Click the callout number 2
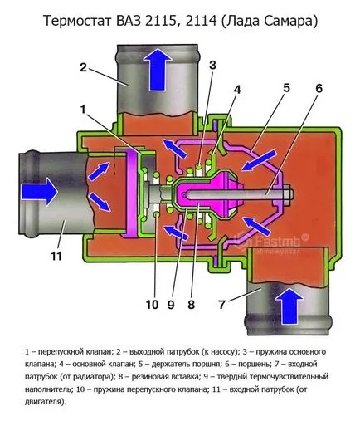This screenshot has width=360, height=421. click(83, 68)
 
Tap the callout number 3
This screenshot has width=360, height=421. click(212, 66)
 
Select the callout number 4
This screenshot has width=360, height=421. click(237, 90)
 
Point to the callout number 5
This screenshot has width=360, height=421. click(286, 88)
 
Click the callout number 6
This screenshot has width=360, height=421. click(319, 89)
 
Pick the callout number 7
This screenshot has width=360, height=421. click(221, 305)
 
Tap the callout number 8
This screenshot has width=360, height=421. click(191, 305)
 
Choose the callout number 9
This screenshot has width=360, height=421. click(171, 305)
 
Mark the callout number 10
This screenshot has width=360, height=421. click(152, 305)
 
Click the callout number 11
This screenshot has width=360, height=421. click(56, 256)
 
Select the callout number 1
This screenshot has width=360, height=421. click(83, 110)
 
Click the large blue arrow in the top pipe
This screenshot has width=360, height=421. click(158, 70)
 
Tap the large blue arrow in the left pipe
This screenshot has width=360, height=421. click(40, 192)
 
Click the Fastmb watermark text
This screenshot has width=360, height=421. click(277, 241)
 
